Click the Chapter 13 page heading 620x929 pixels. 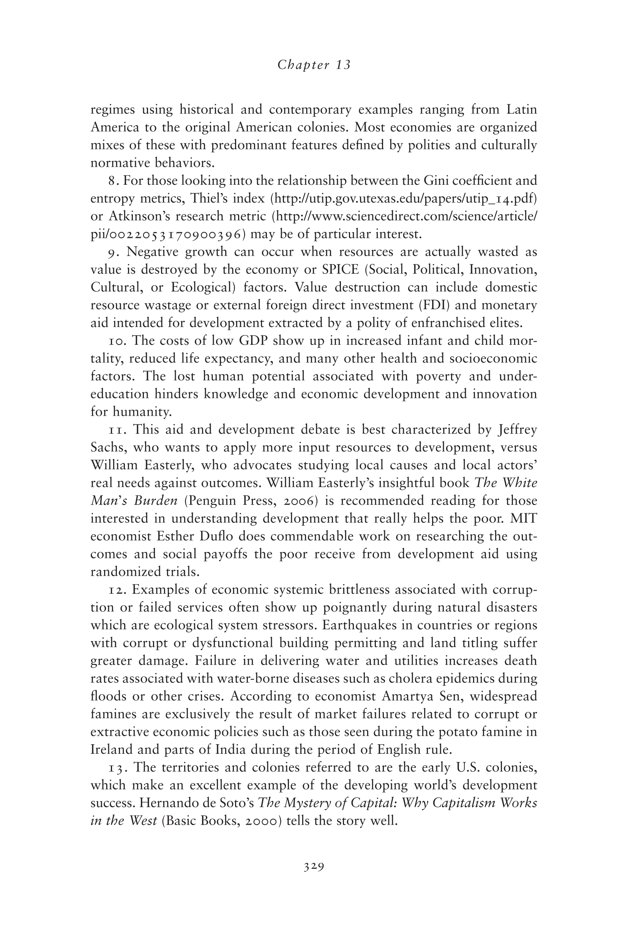coord(314,65)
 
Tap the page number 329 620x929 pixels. coord(314,867)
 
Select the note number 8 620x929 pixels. coord(112,181)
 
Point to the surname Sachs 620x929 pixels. coord(107,448)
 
